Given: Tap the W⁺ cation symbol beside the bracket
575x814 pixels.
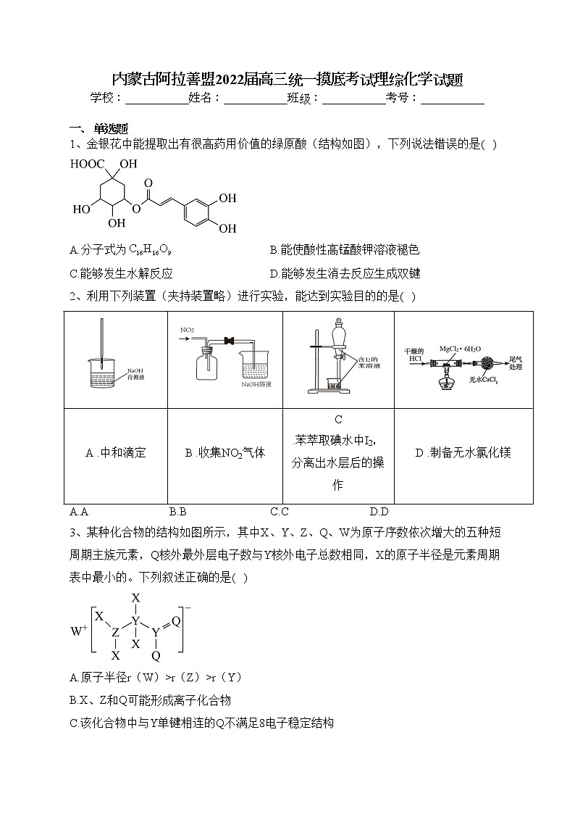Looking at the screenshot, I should click(x=78, y=631).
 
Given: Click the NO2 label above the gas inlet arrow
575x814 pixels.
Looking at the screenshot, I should click(x=187, y=331).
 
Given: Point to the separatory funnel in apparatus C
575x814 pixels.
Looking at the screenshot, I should click(x=338, y=341).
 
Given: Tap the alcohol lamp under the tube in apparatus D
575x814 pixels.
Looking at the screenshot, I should click(x=445, y=382).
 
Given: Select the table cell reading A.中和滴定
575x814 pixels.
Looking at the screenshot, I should click(x=116, y=453).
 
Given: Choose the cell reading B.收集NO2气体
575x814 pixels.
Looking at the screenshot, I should click(x=225, y=453).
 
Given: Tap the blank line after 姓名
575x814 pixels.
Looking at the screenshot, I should click(x=255, y=99).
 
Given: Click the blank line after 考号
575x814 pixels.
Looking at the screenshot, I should click(x=452, y=99).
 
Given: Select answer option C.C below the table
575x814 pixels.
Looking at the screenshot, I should click(x=280, y=511).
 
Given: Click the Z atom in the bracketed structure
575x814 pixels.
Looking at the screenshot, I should click(x=116, y=633).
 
